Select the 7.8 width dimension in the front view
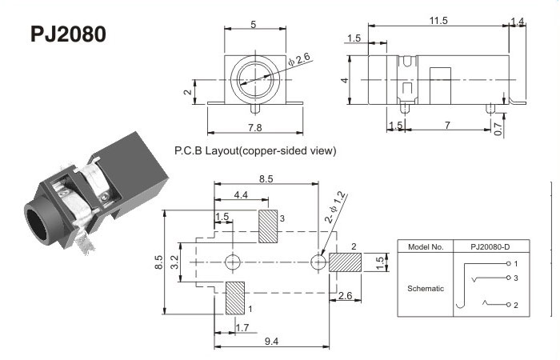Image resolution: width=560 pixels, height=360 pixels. coord(254,126)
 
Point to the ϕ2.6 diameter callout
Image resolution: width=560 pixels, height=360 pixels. coord(301,59)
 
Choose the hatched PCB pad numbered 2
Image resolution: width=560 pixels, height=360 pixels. coord(345,262)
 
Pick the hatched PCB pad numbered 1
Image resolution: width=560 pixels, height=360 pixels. coord(236,298)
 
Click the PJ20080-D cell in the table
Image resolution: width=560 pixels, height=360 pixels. coord(489,246)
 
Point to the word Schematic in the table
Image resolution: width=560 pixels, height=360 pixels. coord(424,288)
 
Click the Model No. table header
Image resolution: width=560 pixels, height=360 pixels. coord(426,246)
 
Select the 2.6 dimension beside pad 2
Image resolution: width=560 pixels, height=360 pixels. coord(345,295)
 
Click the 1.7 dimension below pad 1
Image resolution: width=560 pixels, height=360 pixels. coord(243,326)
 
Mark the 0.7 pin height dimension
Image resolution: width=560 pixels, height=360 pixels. coord(499,128)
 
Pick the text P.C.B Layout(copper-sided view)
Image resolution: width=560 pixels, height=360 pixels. coord(254,150)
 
